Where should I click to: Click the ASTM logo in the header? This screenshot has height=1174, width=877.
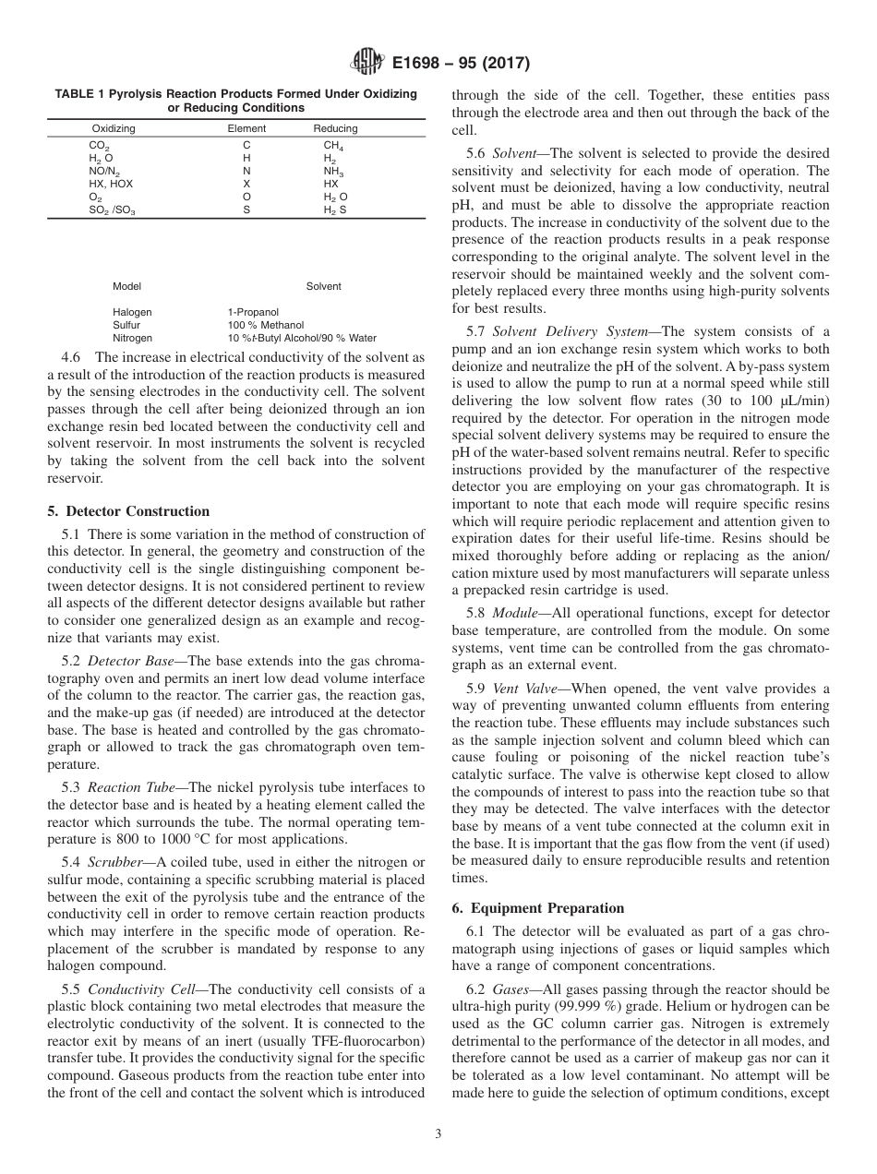[x=368, y=64]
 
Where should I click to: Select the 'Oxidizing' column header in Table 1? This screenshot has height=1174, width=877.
[x=114, y=128]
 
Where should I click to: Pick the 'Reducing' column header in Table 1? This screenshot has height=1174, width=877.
[x=335, y=128]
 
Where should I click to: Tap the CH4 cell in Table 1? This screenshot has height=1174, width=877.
[x=332, y=146]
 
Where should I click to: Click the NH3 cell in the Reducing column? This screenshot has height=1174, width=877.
[x=333, y=172]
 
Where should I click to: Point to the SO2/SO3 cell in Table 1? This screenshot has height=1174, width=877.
[x=112, y=210]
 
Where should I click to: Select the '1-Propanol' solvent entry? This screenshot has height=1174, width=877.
[x=253, y=312]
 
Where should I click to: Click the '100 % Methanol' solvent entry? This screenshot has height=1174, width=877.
[x=265, y=325]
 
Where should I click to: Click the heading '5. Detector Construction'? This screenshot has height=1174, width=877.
[x=128, y=511]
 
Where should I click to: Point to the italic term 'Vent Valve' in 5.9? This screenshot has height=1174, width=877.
[x=522, y=688]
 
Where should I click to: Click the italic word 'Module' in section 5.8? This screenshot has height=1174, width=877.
[x=512, y=613]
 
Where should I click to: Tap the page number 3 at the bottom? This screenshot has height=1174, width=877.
[x=438, y=1134]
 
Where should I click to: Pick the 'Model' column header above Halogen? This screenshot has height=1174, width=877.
[x=126, y=286]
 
